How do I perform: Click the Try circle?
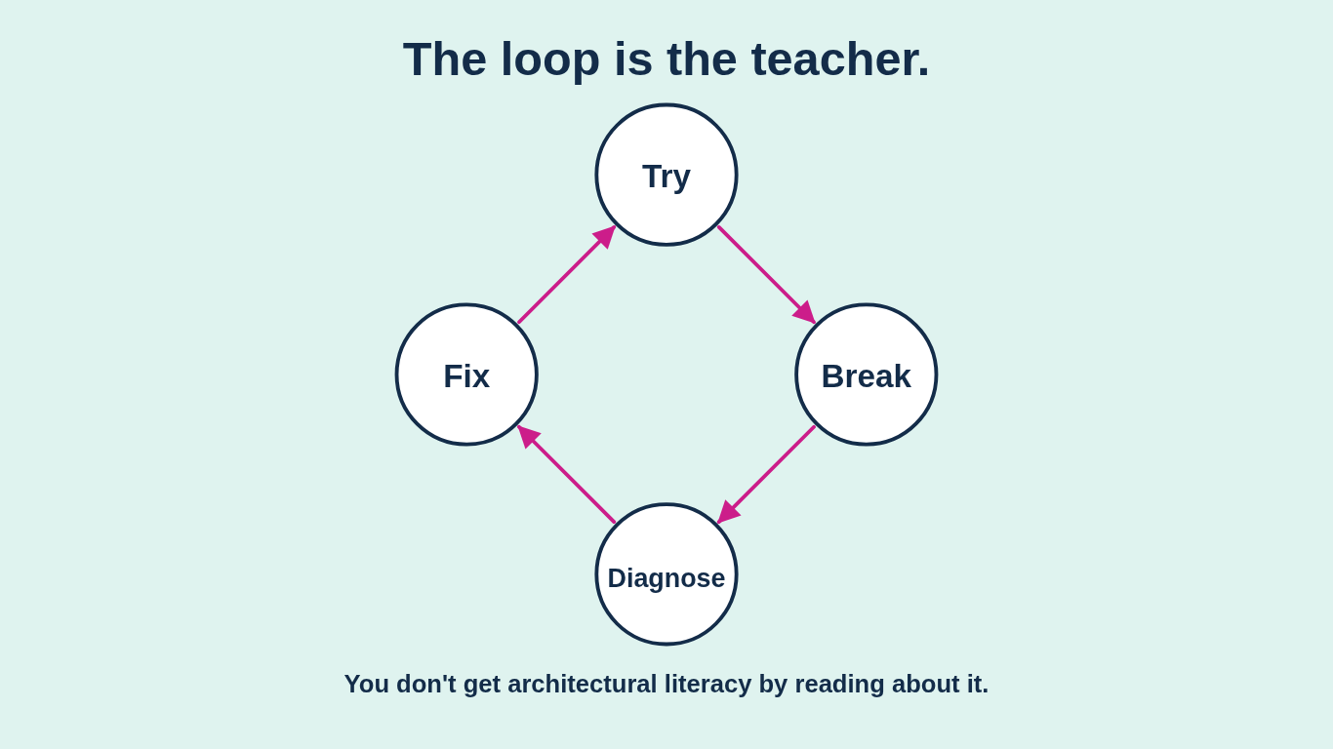(x=666, y=175)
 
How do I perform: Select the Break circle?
(x=867, y=374)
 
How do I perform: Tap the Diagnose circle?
(x=666, y=574)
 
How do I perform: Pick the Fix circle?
(x=466, y=374)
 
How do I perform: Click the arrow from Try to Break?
(x=761, y=269)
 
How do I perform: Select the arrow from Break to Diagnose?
(x=771, y=470)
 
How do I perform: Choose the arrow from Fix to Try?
(x=562, y=279)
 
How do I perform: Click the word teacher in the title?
(x=840, y=59)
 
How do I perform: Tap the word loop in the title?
(x=549, y=59)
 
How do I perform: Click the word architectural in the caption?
(x=582, y=684)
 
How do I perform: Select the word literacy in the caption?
(x=707, y=684)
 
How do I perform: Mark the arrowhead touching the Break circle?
(x=806, y=314)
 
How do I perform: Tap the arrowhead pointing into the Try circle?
(x=606, y=236)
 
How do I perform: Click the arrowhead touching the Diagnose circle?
(x=727, y=513)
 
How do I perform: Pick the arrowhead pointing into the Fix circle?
(x=527, y=435)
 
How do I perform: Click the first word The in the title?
(x=444, y=59)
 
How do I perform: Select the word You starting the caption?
(x=366, y=684)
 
